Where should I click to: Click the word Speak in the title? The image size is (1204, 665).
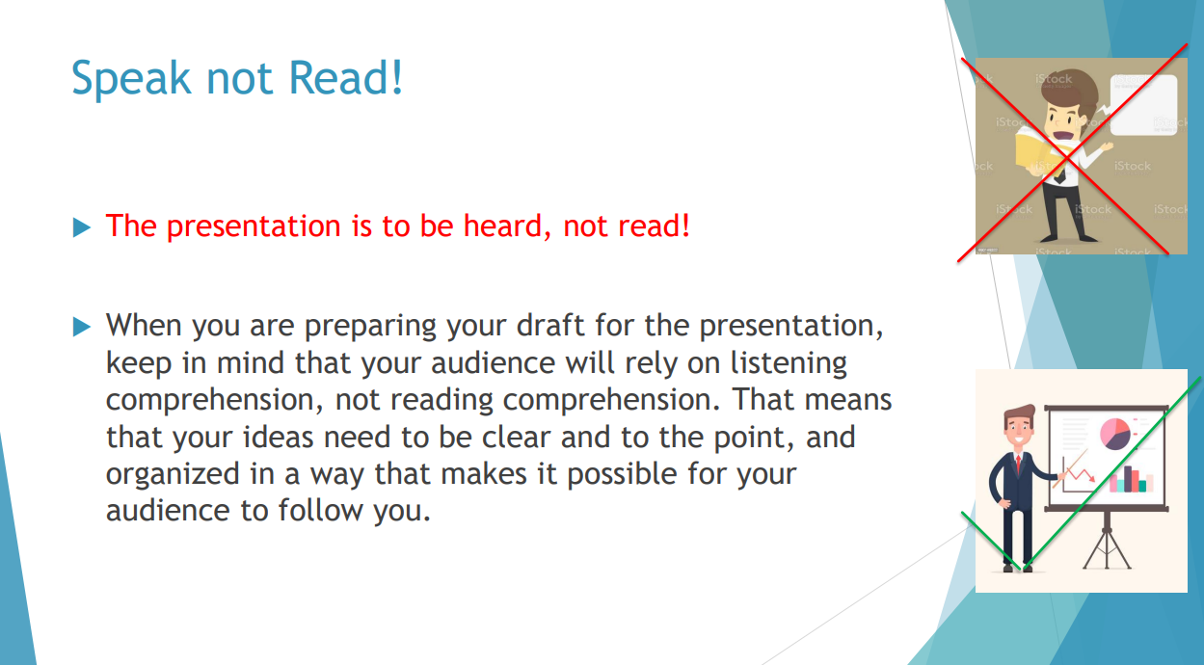131,78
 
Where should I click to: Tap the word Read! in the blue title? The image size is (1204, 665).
346,77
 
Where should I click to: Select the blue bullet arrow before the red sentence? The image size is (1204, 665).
82,227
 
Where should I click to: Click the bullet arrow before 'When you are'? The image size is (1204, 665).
82,327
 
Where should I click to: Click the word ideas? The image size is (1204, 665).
278,437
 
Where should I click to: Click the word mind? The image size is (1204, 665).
250,362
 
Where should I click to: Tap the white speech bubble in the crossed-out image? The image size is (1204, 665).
1142,105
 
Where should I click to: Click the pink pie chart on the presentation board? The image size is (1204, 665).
1114,434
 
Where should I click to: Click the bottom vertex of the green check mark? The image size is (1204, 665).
1023,570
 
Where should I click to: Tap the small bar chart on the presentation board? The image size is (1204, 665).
1131,480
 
